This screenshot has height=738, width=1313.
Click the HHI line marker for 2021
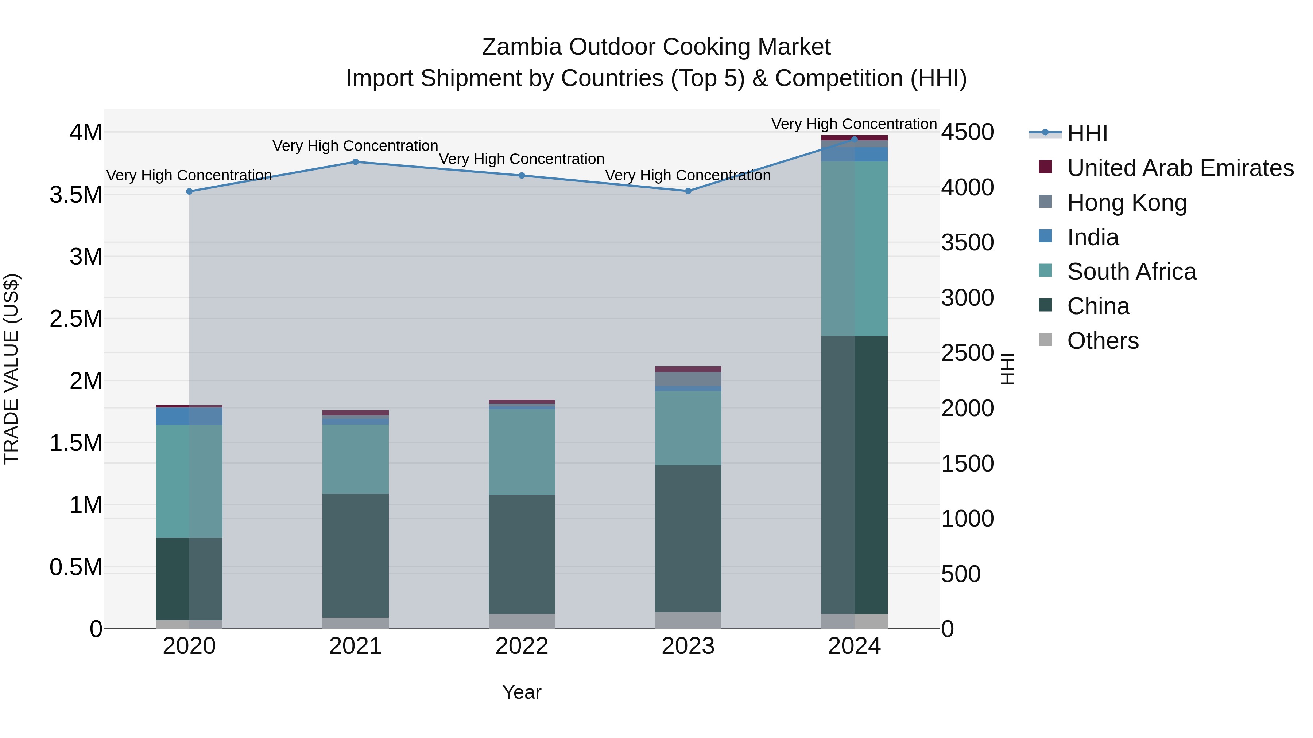click(355, 162)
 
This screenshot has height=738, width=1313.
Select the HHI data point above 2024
click(854, 139)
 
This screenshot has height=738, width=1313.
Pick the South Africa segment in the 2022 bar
click(522, 452)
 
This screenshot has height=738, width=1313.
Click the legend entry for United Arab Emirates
click(1180, 168)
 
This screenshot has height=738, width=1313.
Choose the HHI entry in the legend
click(1087, 133)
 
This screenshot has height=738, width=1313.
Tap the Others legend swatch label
click(1103, 341)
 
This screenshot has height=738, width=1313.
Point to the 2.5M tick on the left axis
click(76, 319)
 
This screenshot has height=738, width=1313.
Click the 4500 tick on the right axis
click(967, 132)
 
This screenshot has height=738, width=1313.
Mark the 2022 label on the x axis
click(522, 646)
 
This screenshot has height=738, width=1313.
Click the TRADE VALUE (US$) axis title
click(12, 369)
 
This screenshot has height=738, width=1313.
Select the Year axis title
click(522, 692)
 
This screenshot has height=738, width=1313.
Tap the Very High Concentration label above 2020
click(189, 175)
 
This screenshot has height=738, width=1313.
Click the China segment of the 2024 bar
click(854, 475)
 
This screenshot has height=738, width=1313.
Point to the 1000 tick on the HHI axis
click(967, 519)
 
